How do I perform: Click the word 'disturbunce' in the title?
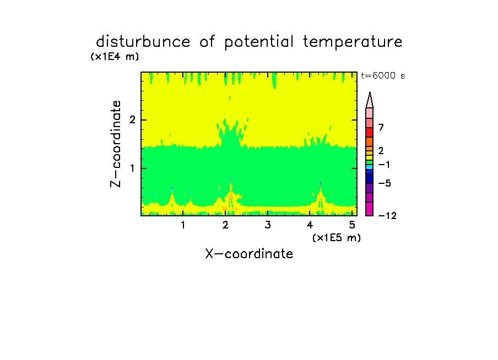(x=143, y=42)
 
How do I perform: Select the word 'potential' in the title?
(x=259, y=42)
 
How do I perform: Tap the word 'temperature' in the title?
(x=353, y=42)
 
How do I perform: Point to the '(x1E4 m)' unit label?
(x=115, y=57)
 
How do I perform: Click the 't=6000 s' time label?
(x=383, y=75)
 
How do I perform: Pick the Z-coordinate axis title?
(x=116, y=144)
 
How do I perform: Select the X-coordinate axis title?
(x=249, y=254)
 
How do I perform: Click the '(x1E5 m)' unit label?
(x=337, y=238)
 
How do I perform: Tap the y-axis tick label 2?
(x=132, y=120)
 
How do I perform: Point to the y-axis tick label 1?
(x=132, y=168)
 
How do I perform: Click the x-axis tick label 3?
(x=268, y=225)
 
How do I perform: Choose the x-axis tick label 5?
(x=352, y=225)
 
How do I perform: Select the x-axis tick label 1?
(x=183, y=225)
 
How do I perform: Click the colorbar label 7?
(x=381, y=127)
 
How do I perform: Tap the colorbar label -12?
(x=387, y=216)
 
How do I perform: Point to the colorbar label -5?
(x=385, y=183)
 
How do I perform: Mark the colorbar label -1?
(x=384, y=165)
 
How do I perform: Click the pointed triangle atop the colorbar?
(x=370, y=100)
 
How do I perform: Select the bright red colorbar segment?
(x=370, y=132)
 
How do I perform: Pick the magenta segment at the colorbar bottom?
(x=370, y=209)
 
